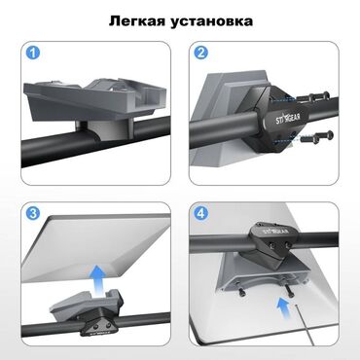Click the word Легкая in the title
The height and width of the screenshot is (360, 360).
(x=138, y=21)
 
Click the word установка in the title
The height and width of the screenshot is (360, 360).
(x=212, y=22)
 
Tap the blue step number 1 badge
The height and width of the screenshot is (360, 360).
(x=33, y=53)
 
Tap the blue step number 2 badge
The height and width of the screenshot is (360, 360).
(x=201, y=53)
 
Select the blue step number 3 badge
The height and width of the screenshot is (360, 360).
(x=33, y=213)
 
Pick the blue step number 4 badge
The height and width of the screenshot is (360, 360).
(x=201, y=213)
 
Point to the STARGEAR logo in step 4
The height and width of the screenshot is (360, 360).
(x=276, y=231)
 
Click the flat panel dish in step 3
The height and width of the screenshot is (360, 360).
(x=97, y=246)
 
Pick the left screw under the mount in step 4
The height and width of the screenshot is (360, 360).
(x=241, y=291)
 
